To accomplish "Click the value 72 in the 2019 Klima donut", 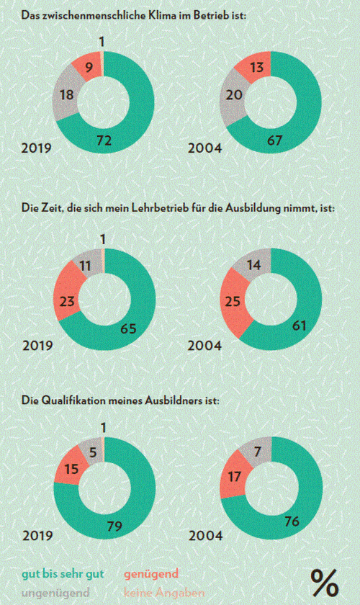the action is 104,140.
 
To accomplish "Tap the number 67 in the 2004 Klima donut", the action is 275,140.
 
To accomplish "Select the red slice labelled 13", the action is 256,67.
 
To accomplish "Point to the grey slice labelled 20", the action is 233,95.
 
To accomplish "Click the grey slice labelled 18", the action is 66,94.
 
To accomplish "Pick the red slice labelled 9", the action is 89,66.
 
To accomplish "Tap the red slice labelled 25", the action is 233,301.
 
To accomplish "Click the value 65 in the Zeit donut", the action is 128,329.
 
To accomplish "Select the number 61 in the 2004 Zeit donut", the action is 299,326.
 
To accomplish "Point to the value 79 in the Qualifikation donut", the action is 114,526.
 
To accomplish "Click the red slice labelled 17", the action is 234,477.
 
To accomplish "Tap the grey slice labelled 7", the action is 257,451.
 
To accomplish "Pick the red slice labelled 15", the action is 71,468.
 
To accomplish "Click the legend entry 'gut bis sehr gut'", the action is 63,574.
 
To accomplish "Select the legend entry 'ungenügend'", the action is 55,592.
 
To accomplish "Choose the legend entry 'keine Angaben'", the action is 164,592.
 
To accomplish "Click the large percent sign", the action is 325,583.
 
